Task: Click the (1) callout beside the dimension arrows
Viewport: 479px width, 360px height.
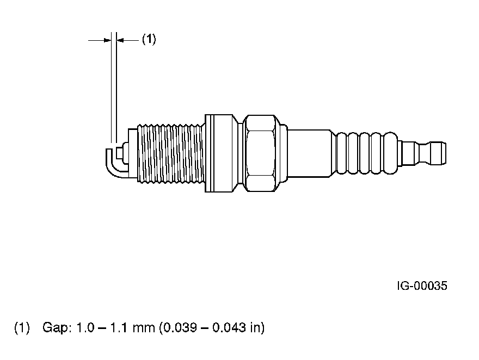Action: [149, 39]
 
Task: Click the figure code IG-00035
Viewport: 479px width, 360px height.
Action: [422, 286]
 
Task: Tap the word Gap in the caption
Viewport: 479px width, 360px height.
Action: [57, 328]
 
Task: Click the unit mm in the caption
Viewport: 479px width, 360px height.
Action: [144, 328]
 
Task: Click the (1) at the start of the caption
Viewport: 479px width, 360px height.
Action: [22, 328]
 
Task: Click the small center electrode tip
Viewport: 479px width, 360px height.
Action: [119, 152]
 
